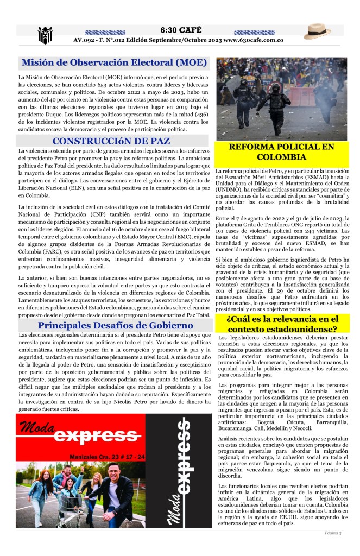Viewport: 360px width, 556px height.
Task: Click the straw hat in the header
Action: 317,31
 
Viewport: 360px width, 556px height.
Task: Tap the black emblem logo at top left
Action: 45,35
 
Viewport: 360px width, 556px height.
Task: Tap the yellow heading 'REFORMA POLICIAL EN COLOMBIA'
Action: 281,153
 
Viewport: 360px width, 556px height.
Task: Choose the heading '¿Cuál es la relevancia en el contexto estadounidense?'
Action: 281,324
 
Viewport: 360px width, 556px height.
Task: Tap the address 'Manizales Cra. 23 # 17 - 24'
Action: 108,458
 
